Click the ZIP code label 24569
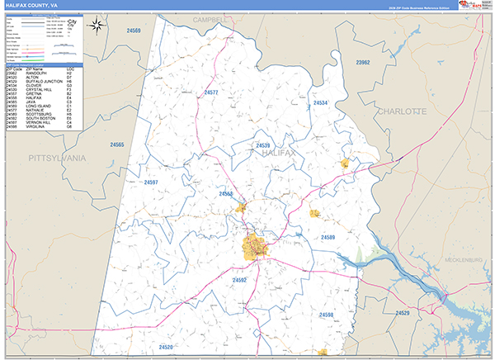pos(133,31)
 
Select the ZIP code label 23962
pos(363,63)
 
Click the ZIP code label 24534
pos(321,103)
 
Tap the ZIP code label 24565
pos(116,145)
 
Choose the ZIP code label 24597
pos(151,182)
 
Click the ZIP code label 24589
pos(328,238)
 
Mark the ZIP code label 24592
pos(239,281)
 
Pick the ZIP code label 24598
pos(326,315)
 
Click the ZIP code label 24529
pos(403,313)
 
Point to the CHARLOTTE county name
pos(402,111)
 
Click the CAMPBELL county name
pos(209,18)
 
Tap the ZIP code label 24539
pos(262,145)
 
